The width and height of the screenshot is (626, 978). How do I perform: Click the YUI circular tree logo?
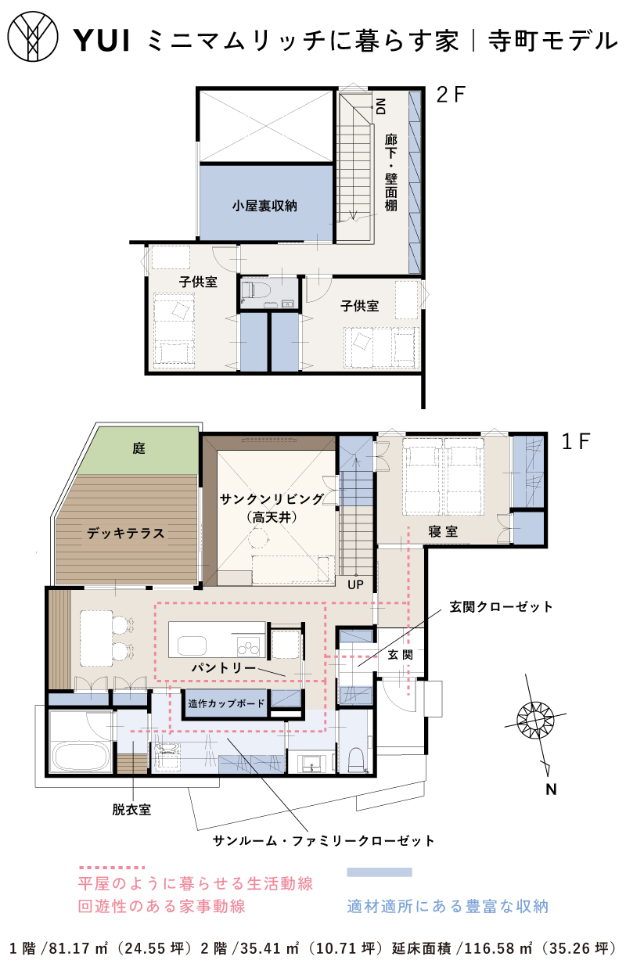click(33, 36)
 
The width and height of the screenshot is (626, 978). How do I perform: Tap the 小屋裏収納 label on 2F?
click(264, 206)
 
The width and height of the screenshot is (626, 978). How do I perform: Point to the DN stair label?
click(380, 106)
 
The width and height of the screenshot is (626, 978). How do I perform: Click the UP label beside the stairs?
click(355, 584)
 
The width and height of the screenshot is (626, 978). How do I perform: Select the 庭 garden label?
click(139, 448)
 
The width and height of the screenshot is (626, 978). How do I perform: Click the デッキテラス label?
click(126, 533)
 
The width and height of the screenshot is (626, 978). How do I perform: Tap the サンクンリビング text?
click(272, 498)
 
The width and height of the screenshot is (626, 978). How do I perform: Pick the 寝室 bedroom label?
click(443, 531)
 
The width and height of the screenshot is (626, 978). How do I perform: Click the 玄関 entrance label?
click(401, 654)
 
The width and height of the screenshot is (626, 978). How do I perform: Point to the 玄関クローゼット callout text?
click(501, 606)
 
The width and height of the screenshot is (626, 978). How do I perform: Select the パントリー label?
click(224, 667)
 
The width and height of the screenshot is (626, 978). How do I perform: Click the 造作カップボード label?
click(226, 703)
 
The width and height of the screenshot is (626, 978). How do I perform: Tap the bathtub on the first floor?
click(81, 758)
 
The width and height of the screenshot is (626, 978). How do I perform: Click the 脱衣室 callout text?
click(131, 810)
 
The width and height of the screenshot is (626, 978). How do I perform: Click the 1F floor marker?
click(576, 441)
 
